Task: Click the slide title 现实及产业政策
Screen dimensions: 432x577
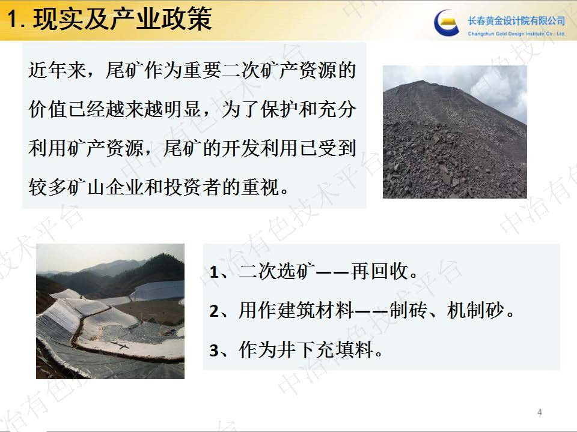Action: pos(123,20)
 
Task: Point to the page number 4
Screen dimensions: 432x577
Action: pos(540,412)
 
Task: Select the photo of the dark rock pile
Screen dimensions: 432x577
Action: pos(455,131)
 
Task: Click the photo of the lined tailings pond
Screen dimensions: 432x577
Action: pos(110,311)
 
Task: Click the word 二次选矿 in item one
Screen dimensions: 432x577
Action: pos(277,272)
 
